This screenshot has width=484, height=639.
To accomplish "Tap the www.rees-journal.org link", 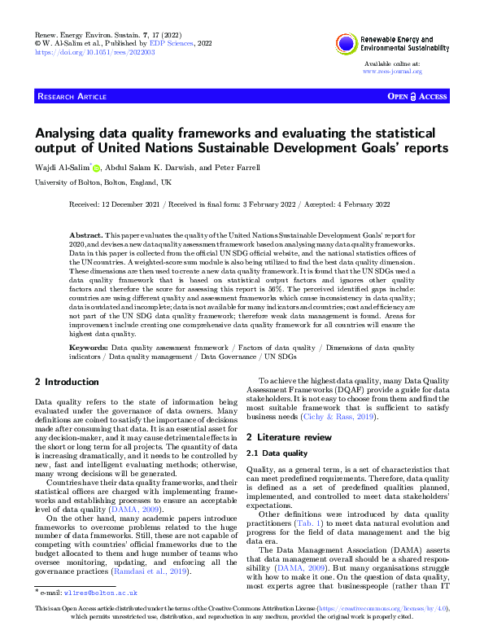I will click(392, 71).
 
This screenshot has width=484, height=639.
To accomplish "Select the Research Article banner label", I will click(72, 97).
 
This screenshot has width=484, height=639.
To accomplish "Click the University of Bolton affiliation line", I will click(102, 182).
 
